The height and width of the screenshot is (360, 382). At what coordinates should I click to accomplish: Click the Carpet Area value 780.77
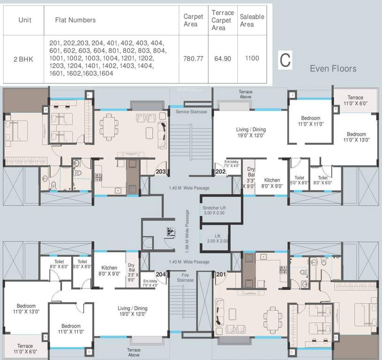click(193, 59)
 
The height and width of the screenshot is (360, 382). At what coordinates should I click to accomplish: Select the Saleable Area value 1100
click(252, 59)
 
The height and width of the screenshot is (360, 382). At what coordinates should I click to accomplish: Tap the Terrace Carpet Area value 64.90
click(222, 59)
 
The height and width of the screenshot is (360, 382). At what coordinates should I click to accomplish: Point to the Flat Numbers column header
click(75, 20)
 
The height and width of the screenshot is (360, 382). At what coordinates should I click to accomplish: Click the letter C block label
click(285, 60)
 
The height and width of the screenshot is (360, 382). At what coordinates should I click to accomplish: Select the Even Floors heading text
click(333, 69)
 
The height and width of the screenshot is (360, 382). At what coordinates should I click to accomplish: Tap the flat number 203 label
click(161, 172)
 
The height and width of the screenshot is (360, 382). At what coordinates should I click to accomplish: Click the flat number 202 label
click(221, 172)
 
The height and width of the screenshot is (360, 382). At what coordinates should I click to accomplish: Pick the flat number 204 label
click(161, 275)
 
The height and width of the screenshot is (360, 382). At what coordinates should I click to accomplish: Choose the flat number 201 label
click(220, 275)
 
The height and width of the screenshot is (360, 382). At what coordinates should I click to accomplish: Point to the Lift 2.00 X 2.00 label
click(217, 238)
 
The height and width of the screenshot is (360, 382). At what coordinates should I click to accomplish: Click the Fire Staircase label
click(185, 277)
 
